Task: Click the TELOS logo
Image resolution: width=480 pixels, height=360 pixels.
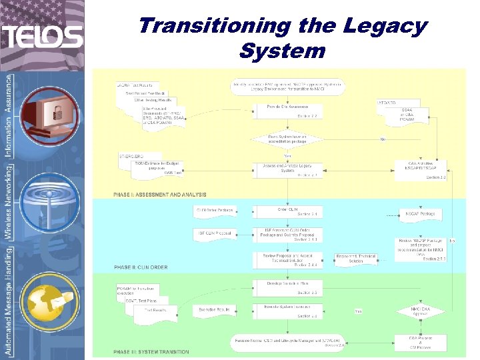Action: click(42, 36)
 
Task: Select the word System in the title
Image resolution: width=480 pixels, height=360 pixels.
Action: click(282, 51)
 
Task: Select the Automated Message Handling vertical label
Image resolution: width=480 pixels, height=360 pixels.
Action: click(9, 301)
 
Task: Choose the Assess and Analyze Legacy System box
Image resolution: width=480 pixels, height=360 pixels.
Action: click(287, 170)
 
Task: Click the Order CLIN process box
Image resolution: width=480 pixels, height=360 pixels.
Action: click(287, 211)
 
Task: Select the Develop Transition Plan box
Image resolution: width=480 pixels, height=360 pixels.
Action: click(287, 288)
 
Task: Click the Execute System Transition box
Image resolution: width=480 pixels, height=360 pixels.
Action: click(287, 311)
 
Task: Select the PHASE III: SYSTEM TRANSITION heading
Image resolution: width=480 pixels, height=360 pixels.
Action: click(151, 352)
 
